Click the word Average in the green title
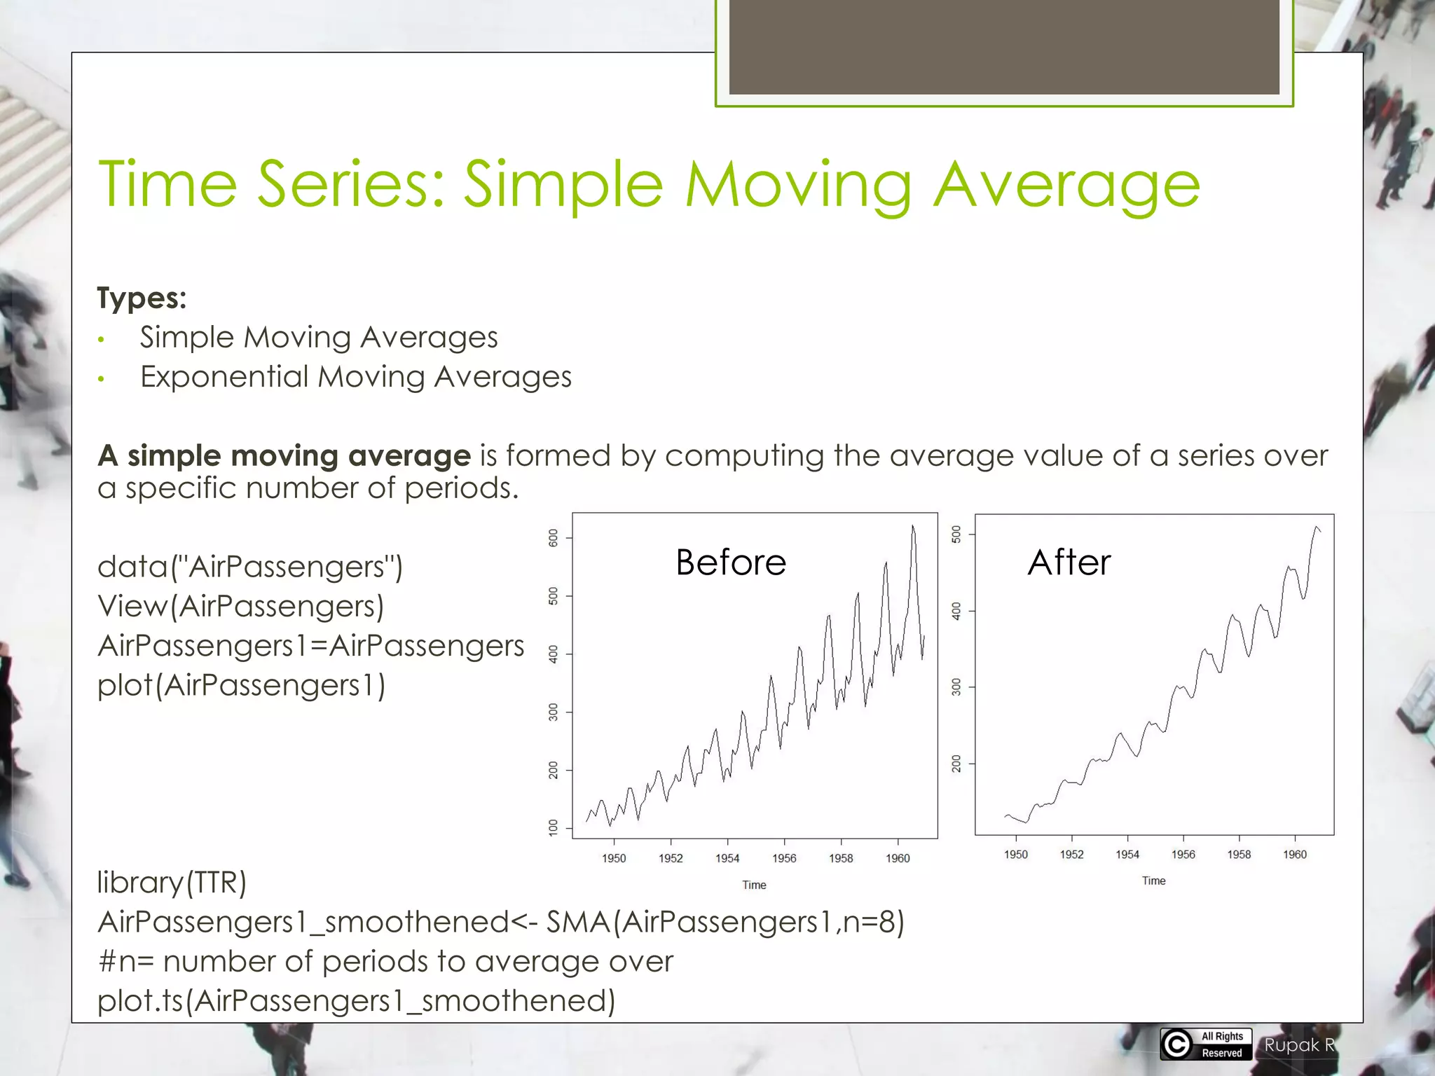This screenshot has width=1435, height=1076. click(x=1066, y=185)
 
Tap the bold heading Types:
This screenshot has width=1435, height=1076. click(x=142, y=298)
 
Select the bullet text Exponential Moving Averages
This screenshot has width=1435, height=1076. click(x=355, y=377)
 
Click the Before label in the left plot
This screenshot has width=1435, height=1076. click(x=731, y=563)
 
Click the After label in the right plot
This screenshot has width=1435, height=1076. click(x=1069, y=562)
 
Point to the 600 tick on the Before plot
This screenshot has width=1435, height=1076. click(x=554, y=538)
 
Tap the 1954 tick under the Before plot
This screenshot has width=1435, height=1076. click(x=727, y=858)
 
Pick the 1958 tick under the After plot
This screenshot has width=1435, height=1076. click(x=1239, y=855)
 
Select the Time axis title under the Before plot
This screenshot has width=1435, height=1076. click(x=754, y=885)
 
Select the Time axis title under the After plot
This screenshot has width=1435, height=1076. click(x=1153, y=881)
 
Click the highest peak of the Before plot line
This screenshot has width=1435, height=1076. click(x=912, y=527)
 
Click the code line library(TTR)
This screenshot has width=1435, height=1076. click(x=172, y=883)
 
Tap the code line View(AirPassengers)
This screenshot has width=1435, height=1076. click(x=240, y=607)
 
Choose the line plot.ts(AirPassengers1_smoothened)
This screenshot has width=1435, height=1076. click(x=356, y=1000)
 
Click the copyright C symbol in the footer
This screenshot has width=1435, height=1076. click(x=1177, y=1044)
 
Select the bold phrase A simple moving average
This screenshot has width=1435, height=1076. click(x=284, y=456)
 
